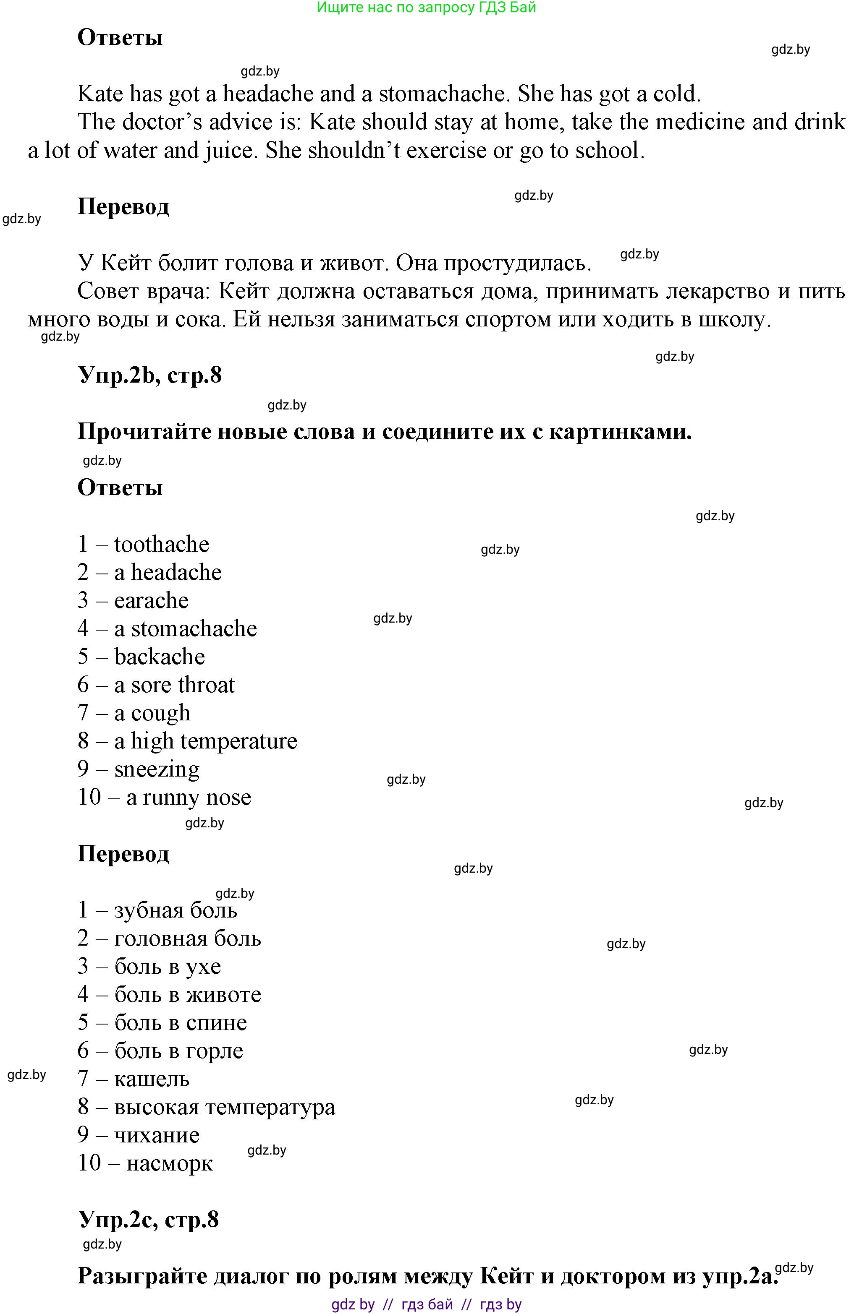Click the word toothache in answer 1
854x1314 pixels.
[x=161, y=545]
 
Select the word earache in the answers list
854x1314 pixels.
[x=151, y=601]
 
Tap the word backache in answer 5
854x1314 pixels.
[x=159, y=657]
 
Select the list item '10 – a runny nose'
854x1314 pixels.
[x=164, y=798]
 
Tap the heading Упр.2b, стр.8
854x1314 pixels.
[x=150, y=375]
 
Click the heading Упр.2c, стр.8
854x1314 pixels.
[x=148, y=1220]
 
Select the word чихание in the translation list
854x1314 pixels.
[x=157, y=1135]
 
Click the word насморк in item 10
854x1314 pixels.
[x=169, y=1163]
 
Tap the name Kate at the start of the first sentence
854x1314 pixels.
[x=100, y=94]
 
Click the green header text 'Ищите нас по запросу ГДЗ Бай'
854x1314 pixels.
[x=427, y=8]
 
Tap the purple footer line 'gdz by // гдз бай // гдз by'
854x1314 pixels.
[x=427, y=1305]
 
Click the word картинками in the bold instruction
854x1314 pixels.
[x=620, y=432]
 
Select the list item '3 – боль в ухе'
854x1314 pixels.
[x=149, y=966]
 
